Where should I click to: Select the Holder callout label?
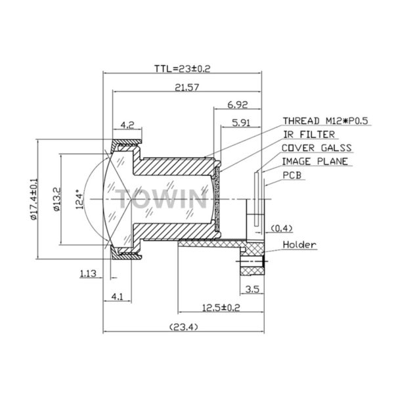tap(299, 245)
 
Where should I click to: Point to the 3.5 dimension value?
tap(251, 289)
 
